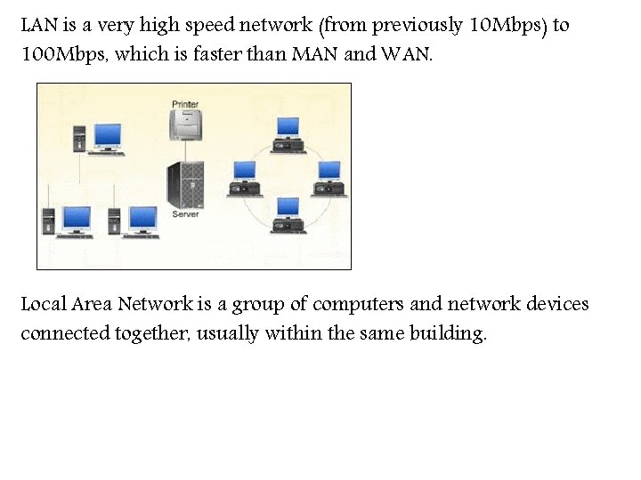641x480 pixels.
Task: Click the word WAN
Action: coord(405,54)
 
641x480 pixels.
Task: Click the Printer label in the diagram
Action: coord(185,105)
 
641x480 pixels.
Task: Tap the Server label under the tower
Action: coord(185,214)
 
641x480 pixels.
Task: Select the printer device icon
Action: coord(186,127)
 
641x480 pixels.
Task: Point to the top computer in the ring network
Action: coord(288,132)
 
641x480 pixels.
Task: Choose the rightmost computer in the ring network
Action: coord(329,177)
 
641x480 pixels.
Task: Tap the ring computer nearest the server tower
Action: coord(245,177)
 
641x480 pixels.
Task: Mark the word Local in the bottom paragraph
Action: coord(44,305)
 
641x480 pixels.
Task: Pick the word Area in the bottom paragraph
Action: coord(93,305)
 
